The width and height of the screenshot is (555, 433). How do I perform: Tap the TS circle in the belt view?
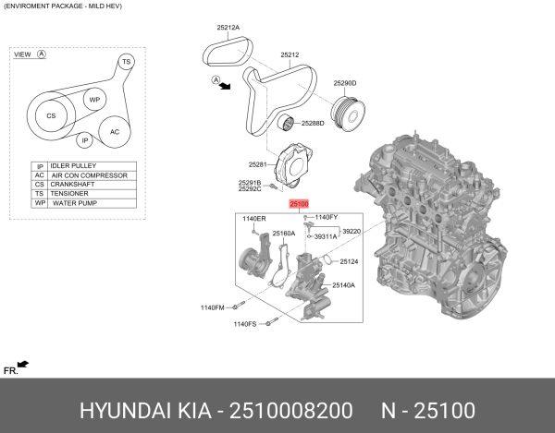click(127, 61)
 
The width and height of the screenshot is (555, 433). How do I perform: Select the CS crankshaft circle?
click(51, 116)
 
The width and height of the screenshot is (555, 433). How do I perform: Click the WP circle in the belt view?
click(93, 100)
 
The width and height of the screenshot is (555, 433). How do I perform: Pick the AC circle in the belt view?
click(115, 131)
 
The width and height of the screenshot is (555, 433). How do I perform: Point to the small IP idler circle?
click(84, 140)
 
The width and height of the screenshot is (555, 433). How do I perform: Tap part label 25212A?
click(228, 28)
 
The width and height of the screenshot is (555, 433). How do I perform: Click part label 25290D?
click(345, 83)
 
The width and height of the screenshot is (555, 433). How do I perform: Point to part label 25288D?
click(312, 123)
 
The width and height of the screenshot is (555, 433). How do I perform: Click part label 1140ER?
click(253, 218)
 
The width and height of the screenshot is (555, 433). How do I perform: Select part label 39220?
click(351, 231)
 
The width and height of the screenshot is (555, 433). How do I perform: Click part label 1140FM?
click(213, 307)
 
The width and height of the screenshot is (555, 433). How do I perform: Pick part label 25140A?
click(344, 285)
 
